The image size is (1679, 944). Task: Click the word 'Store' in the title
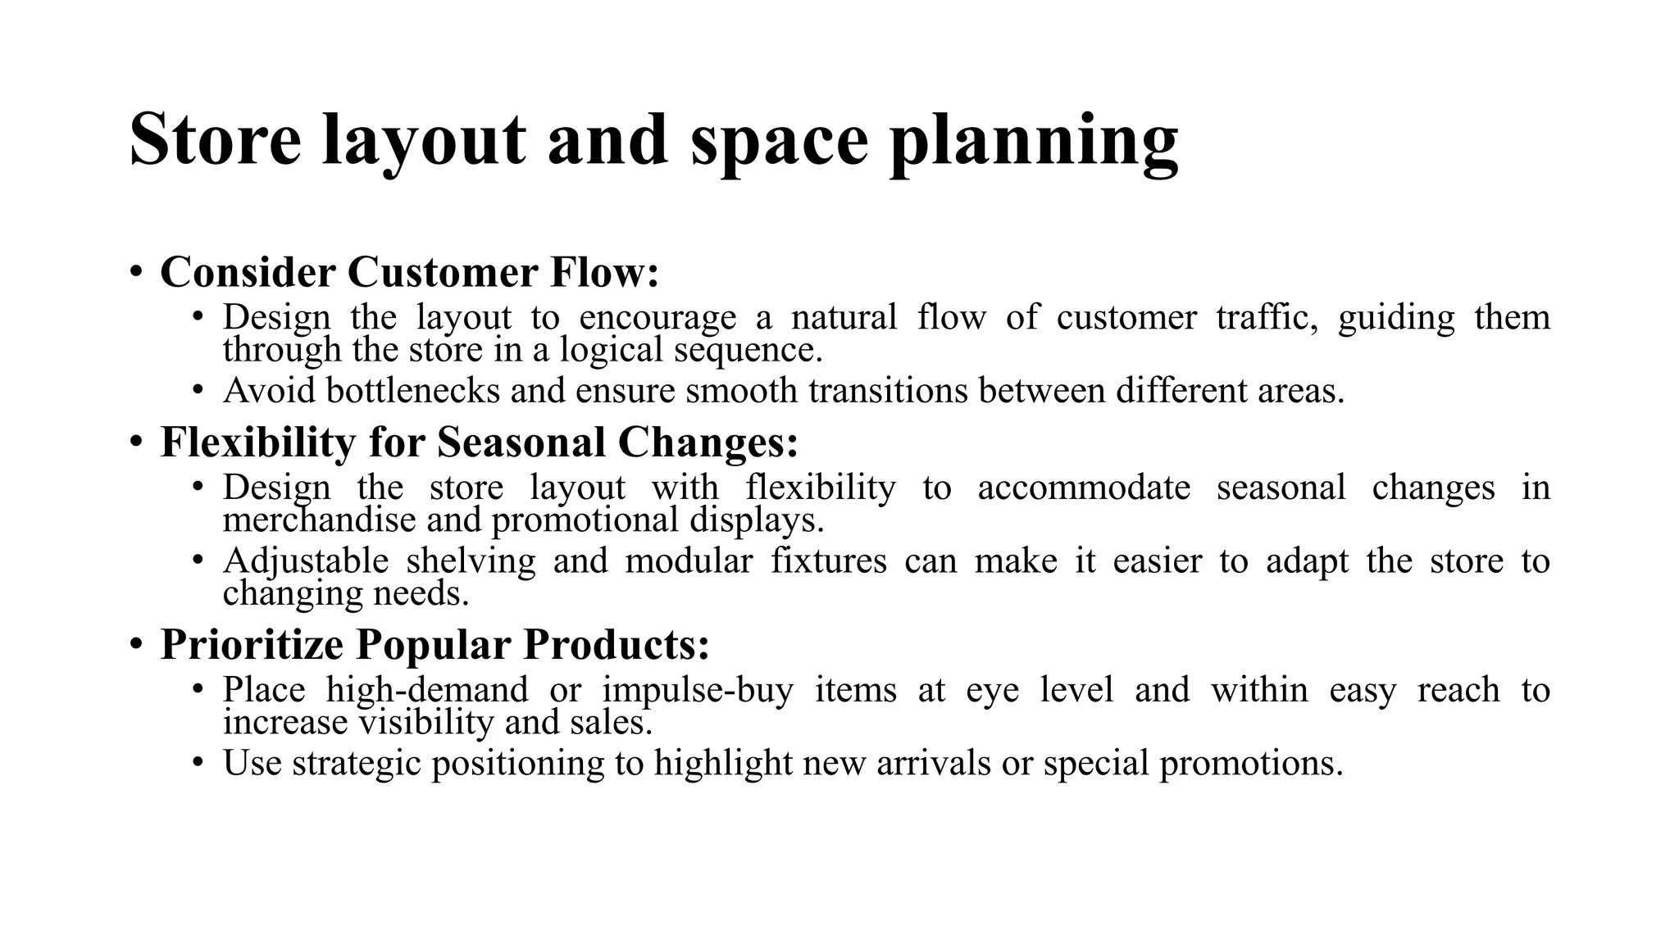[216, 139]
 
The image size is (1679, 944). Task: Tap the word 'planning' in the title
[1034, 141]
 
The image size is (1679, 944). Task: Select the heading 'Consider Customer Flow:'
[409, 272]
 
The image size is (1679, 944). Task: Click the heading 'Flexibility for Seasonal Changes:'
[479, 442]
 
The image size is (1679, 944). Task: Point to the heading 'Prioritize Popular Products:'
[435, 644]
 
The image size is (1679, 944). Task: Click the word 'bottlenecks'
[412, 390]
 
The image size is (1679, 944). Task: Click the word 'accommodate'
[1083, 488]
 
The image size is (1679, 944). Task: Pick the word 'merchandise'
[319, 520]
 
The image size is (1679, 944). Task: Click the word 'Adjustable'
[305, 561]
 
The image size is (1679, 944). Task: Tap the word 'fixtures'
[828, 561]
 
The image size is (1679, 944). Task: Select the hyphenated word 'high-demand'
[426, 690]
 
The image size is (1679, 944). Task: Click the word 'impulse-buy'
[698, 690]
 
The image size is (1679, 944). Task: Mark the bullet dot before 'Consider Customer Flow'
[136, 271]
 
